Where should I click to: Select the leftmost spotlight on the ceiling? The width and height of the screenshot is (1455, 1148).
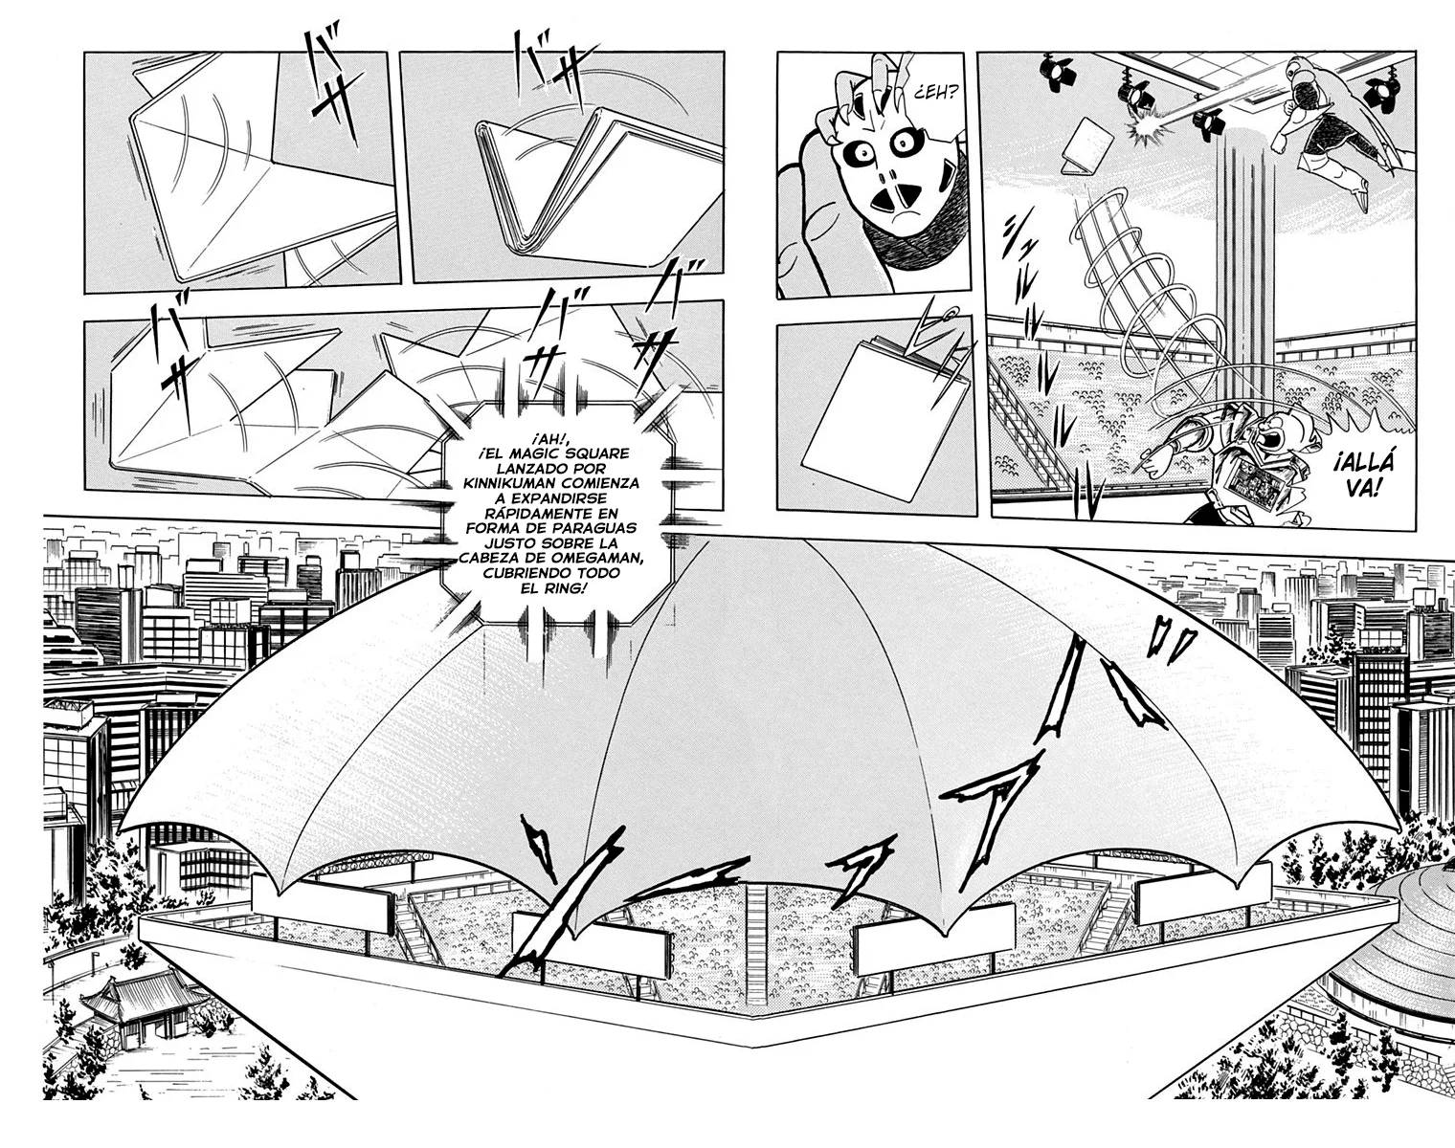pos(1054,71)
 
